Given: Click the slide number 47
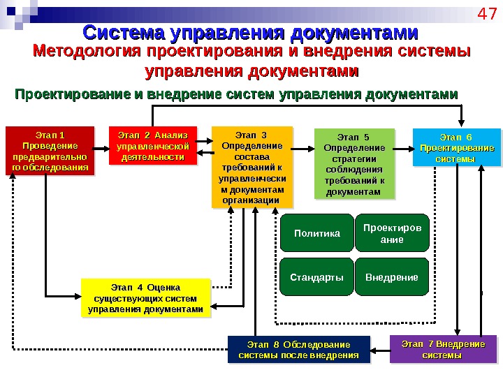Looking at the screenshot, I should pyautogui.click(x=485, y=15).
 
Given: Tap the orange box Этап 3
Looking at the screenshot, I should pyautogui.click(x=251, y=167).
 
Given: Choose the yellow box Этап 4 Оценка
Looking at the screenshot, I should pyautogui.click(x=145, y=298).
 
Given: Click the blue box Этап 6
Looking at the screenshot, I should pyautogui.click(x=456, y=147).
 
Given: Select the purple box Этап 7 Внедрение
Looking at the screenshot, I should pyautogui.click(x=443, y=349).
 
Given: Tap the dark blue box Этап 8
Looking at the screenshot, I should pyautogui.click(x=298, y=350).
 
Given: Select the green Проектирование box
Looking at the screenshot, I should pyautogui.click(x=391, y=233).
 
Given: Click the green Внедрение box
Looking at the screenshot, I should pyautogui.click(x=391, y=277).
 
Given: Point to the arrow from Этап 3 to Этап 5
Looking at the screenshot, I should pyautogui.click(x=302, y=149).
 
